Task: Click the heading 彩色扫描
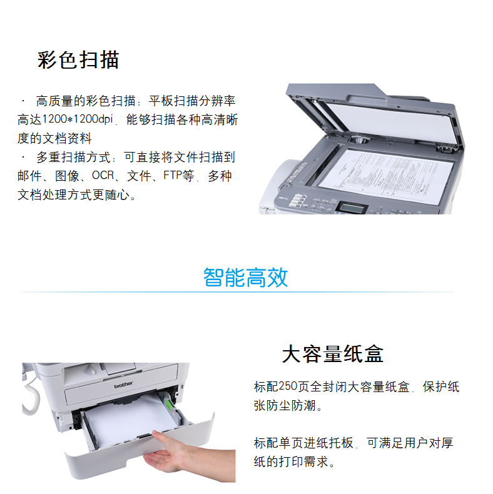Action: [x=78, y=60]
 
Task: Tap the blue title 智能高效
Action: [x=245, y=277]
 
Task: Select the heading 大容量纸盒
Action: [x=333, y=354]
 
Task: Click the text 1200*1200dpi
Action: [x=77, y=119]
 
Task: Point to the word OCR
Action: [x=103, y=176]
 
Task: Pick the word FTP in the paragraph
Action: [x=173, y=175]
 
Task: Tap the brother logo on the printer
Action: [x=123, y=385]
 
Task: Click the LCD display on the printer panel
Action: [x=352, y=208]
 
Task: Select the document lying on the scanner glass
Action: [x=386, y=175]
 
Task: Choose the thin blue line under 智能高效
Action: [x=237, y=292]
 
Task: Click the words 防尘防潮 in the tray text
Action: [x=291, y=405]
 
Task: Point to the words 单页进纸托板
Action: [x=316, y=443]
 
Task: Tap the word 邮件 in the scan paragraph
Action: [x=29, y=176]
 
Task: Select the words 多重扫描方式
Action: [x=73, y=157]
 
